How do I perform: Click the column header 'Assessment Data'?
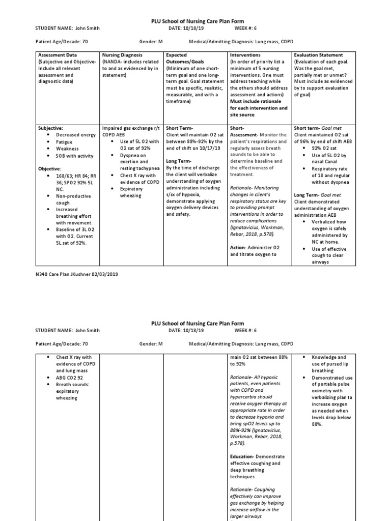57,55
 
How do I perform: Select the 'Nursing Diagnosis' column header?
122,55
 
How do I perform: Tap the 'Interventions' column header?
245,55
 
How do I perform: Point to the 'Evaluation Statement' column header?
318,55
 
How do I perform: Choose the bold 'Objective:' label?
50,168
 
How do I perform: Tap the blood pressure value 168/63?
65,175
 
